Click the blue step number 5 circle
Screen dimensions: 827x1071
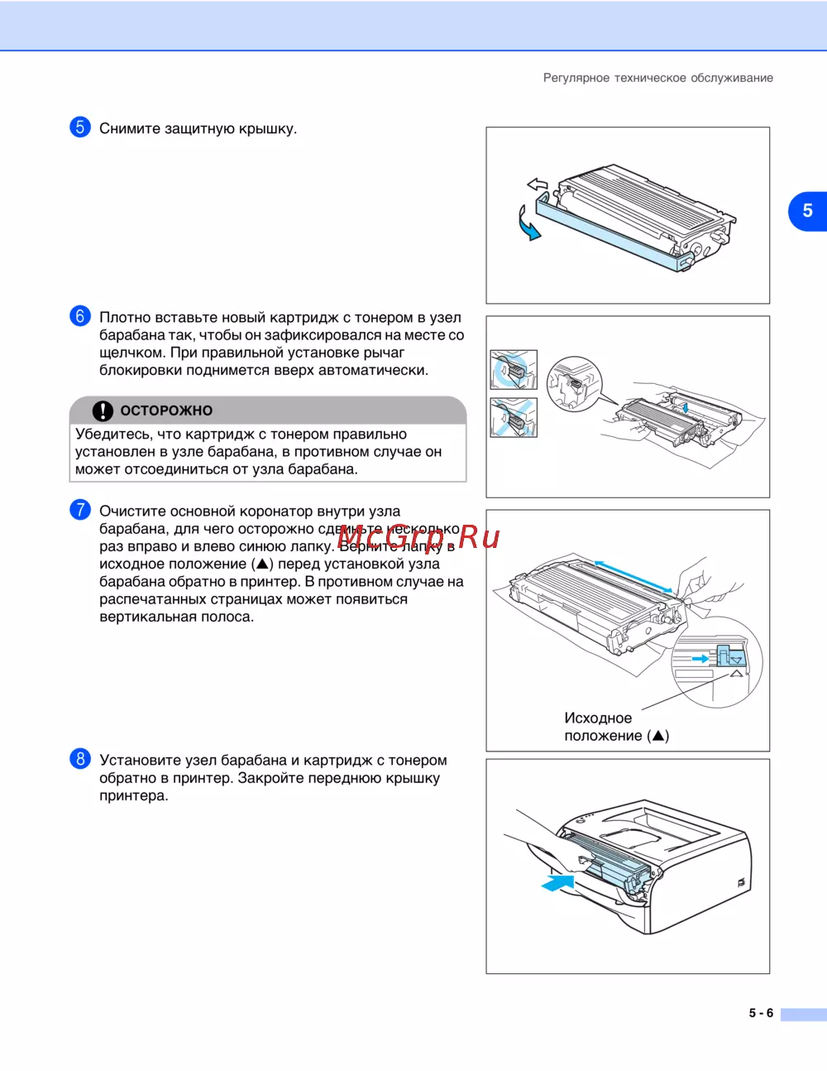pos(79,127)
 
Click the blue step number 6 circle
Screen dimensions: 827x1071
pos(79,316)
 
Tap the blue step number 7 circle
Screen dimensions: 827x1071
pos(79,510)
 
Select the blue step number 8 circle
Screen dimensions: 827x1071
pos(79,758)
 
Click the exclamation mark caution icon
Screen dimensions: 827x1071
pos(103,411)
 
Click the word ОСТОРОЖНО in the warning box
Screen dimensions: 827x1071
pos(166,411)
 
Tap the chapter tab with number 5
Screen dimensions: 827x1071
pos(807,211)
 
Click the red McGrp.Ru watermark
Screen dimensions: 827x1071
pos(419,536)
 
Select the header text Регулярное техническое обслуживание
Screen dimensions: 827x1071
pos(658,78)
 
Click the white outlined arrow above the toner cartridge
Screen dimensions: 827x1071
pos(537,185)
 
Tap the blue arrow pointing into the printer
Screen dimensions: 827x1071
pos(557,881)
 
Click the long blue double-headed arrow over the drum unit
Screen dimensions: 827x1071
pos(633,577)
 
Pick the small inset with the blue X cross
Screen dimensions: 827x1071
pos(514,417)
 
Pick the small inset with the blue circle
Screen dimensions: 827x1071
pos(514,370)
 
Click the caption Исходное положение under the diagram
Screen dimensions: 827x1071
pos(616,727)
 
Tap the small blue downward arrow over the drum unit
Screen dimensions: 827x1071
pos(686,407)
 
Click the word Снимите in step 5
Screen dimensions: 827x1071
pos(129,128)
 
